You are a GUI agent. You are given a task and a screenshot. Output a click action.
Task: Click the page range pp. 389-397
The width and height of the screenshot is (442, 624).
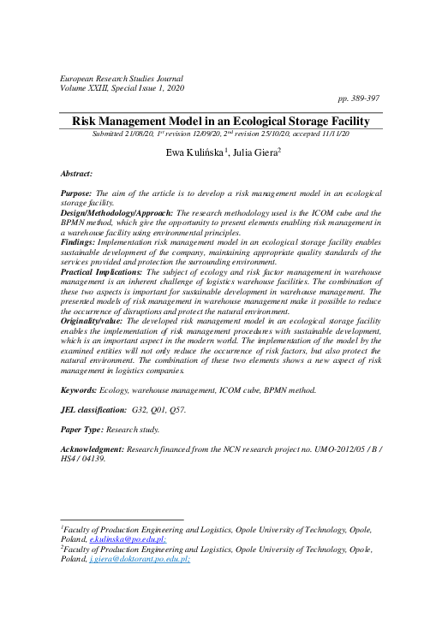(x=360, y=99)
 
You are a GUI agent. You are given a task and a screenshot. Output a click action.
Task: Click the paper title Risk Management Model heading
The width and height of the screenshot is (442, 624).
(x=220, y=122)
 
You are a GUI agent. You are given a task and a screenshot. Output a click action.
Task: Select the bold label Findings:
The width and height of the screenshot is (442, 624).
(x=84, y=242)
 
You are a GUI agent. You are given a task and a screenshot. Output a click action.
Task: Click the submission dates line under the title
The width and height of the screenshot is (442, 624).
(x=220, y=135)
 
